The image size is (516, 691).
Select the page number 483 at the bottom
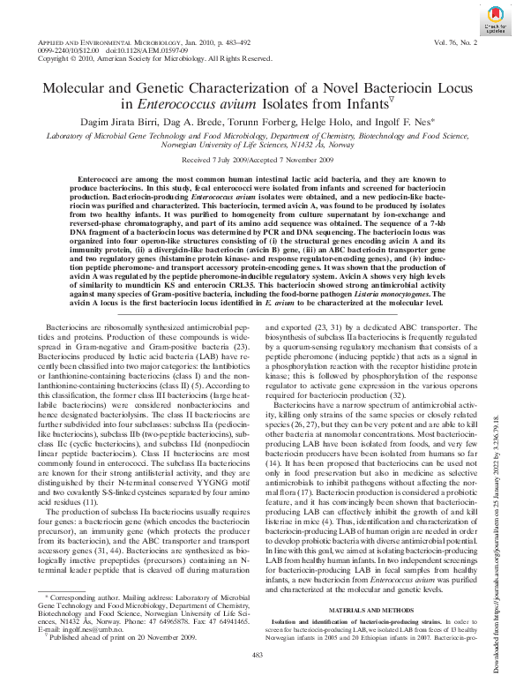tap(258, 654)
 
